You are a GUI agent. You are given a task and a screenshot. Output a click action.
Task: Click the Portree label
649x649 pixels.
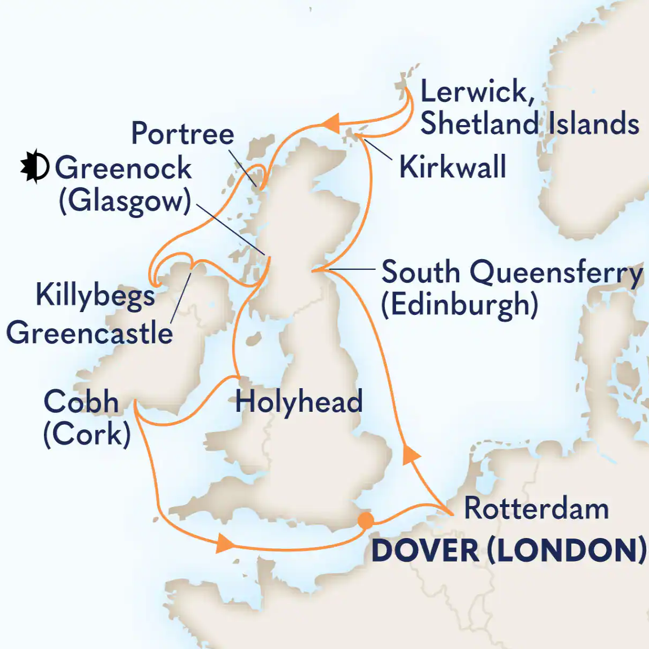(183, 134)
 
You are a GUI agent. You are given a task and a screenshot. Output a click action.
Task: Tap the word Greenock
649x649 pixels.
(123, 168)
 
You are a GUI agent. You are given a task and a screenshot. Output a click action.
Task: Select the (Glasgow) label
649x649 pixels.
(125, 201)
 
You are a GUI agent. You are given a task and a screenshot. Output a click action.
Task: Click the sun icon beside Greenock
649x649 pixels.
(34, 166)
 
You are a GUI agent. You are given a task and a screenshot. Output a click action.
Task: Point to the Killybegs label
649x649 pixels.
(95, 295)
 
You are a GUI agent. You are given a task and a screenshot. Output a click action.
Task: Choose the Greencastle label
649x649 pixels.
(90, 333)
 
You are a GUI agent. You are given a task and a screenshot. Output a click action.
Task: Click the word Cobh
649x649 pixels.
(81, 402)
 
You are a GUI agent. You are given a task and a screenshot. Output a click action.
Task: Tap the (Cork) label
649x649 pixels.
(87, 434)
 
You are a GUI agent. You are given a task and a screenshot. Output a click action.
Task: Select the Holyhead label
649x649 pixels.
(299, 402)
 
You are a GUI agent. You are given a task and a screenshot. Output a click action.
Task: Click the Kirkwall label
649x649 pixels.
(452, 167)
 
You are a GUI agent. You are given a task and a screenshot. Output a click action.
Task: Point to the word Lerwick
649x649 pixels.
(477, 91)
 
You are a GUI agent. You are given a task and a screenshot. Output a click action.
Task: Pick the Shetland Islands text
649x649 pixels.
(530, 123)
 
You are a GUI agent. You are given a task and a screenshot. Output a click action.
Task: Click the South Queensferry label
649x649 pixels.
(512, 273)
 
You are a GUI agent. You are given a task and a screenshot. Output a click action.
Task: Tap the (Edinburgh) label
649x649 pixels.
(460, 305)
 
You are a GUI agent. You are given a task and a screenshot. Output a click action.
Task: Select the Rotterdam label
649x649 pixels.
(536, 509)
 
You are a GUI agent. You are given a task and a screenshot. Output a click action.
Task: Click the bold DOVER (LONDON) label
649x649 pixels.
(508, 550)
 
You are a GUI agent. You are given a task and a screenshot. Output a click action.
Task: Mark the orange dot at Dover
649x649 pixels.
(366, 520)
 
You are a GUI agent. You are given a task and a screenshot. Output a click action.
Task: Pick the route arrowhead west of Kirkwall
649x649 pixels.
(331, 123)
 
